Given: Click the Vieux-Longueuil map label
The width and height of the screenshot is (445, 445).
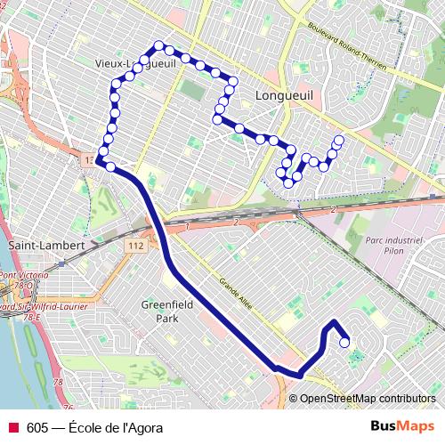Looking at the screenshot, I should [138, 63].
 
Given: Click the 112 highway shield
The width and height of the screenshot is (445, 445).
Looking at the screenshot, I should [135, 245].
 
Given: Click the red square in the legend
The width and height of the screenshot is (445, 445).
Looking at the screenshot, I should [12, 427].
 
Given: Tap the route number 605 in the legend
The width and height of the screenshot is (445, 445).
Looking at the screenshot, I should [37, 427].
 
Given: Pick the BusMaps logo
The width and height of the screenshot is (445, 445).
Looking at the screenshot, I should [403, 426].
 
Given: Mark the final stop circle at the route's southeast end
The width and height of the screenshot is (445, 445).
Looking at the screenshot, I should [344, 342].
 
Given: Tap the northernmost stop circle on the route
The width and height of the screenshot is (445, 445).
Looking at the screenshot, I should [159, 45].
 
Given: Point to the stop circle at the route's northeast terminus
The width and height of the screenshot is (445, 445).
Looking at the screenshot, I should [338, 139].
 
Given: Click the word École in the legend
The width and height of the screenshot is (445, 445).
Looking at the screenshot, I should [85, 427].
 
